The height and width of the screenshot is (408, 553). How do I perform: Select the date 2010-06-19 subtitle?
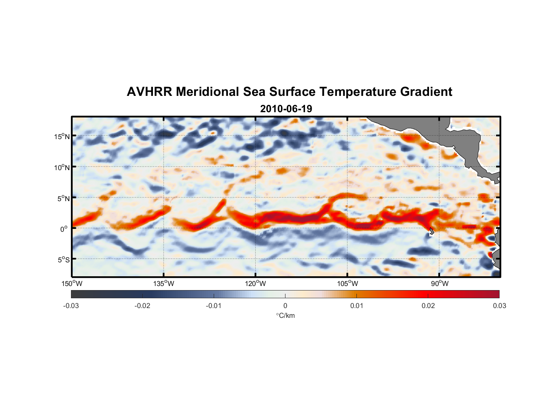286,109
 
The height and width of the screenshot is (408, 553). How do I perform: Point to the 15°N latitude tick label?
62,136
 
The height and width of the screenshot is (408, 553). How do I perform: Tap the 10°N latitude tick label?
62,167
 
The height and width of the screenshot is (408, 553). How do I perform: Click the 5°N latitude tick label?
63,198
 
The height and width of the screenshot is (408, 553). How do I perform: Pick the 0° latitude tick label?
64,229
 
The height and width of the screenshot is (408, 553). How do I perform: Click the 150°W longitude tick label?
72,284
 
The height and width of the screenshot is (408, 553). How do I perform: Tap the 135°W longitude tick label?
164,284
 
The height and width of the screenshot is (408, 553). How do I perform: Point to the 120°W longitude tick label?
255,284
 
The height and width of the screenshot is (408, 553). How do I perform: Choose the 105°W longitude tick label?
347,284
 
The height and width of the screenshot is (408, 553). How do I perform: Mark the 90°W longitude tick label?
440,284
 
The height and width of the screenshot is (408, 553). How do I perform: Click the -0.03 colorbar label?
71,306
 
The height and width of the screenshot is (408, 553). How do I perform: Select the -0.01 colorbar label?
213,306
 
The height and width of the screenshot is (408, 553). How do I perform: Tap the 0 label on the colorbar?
285,306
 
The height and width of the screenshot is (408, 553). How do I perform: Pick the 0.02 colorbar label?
428,306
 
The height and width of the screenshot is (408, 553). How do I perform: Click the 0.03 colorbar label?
499,306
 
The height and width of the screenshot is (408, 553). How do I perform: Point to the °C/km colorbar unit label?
285,315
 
